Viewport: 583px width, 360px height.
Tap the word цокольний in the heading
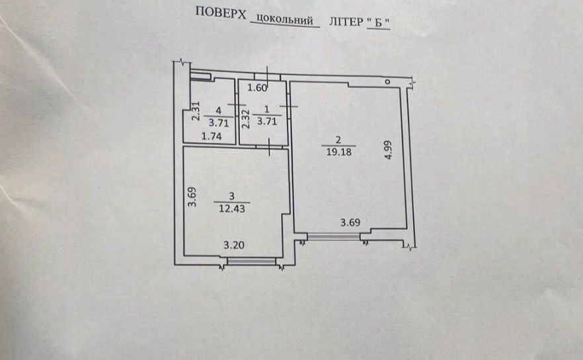click(285, 20)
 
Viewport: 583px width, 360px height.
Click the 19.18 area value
click(338, 151)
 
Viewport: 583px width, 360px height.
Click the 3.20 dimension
click(233, 246)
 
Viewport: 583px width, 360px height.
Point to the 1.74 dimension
click(210, 137)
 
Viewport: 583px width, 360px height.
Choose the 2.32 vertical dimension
click(245, 119)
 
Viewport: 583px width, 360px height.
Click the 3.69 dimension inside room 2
click(350, 223)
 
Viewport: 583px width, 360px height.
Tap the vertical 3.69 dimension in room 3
click(192, 198)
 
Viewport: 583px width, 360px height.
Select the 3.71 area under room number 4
click(218, 122)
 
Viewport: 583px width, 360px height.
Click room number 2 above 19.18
click(338, 139)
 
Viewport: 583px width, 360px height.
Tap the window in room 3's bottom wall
click(251, 262)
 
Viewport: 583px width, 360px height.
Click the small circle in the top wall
click(387, 81)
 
